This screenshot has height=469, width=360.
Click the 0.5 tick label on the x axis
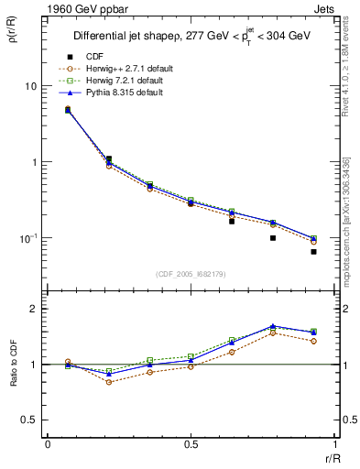coord(191,446)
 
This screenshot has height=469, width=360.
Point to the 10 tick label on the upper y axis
coord(30,86)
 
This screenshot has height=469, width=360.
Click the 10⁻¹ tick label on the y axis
coord(28,238)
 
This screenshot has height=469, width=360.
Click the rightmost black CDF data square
coord(313,252)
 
